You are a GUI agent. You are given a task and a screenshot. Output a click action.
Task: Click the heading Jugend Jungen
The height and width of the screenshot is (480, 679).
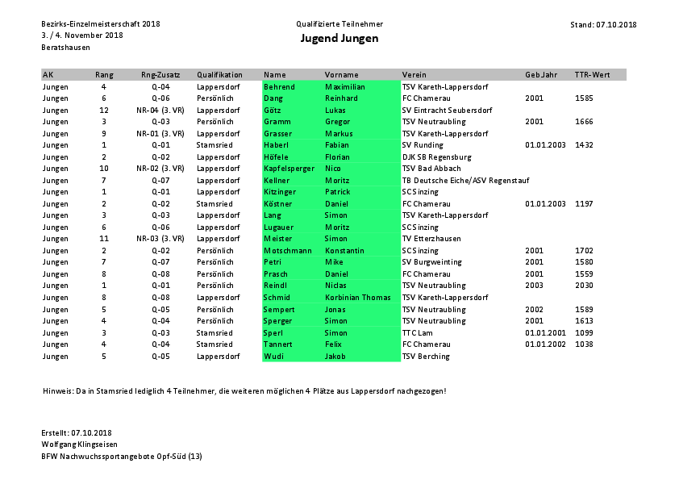(339, 38)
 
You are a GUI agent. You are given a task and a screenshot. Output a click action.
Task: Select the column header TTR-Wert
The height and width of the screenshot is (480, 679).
(592, 75)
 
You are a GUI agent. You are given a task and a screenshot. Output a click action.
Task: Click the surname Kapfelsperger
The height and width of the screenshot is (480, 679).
(289, 169)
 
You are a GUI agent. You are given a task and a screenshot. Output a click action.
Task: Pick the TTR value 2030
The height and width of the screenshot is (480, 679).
(584, 286)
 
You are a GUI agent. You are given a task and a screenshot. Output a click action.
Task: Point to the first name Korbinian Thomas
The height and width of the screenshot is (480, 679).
(357, 298)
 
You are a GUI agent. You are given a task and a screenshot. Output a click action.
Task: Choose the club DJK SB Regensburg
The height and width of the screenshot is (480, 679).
(436, 157)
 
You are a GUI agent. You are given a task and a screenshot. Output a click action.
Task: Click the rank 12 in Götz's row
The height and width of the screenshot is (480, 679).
(104, 110)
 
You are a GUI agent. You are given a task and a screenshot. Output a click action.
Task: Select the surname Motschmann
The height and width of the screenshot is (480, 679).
(287, 251)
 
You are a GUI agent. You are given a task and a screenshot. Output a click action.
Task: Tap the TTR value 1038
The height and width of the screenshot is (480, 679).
(584, 344)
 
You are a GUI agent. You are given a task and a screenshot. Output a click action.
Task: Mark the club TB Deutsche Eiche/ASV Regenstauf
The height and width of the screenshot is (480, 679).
(465, 181)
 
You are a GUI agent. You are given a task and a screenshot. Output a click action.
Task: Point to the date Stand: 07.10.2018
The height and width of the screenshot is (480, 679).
(603, 24)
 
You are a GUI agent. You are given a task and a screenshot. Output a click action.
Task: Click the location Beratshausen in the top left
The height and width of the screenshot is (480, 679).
(65, 48)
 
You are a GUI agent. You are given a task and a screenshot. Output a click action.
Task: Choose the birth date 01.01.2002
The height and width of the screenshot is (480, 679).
(545, 344)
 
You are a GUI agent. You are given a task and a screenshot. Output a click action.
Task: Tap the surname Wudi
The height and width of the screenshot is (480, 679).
(273, 356)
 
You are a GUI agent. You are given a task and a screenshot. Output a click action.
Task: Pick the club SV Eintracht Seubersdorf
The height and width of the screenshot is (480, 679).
(447, 110)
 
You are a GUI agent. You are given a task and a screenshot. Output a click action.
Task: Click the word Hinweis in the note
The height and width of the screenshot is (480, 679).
(57, 390)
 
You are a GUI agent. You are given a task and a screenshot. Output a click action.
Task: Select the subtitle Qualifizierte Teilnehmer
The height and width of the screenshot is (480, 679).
(339, 24)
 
